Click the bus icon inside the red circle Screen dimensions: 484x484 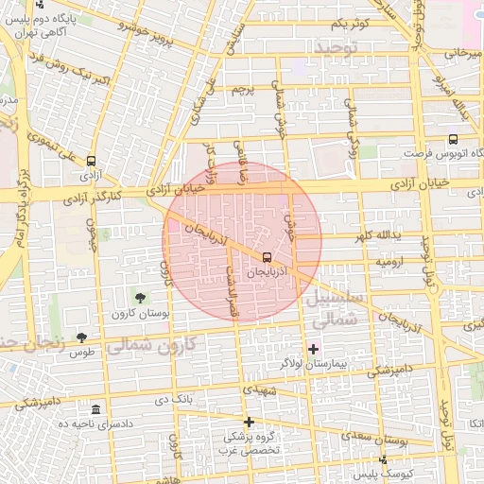(x=266, y=256)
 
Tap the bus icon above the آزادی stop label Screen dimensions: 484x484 (x=91, y=161)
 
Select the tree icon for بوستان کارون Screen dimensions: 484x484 (x=141, y=298)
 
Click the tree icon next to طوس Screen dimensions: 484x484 (x=82, y=337)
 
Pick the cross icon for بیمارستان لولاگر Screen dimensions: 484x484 (x=313, y=349)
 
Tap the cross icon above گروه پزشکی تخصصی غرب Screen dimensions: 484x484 (x=249, y=422)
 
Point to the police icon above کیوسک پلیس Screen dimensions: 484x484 (x=382, y=458)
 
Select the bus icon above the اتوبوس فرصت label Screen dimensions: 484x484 (x=453, y=139)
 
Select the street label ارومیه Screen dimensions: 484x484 (x=393, y=258)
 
